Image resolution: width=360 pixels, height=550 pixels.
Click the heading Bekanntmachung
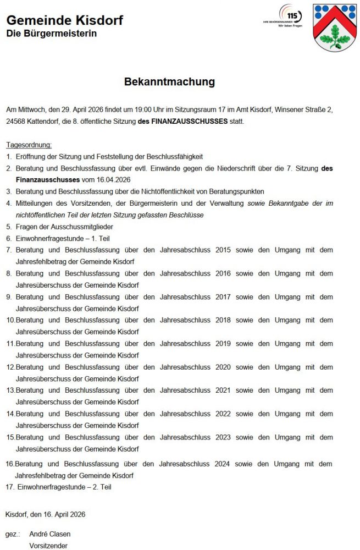(169, 82)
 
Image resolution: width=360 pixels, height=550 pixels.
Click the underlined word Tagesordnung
(29, 145)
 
